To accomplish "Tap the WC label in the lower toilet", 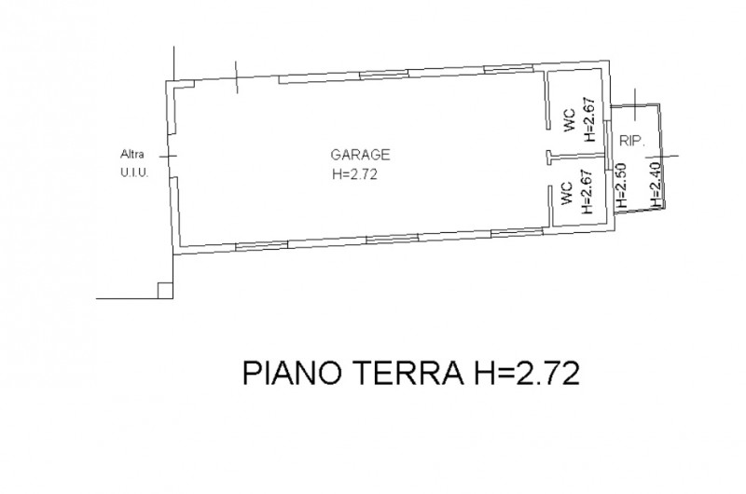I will (x=566, y=195).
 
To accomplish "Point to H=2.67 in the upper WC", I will (x=588, y=121).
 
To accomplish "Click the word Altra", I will (x=131, y=155).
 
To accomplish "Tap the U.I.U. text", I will (x=131, y=172).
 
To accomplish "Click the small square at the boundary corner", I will (x=164, y=291).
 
